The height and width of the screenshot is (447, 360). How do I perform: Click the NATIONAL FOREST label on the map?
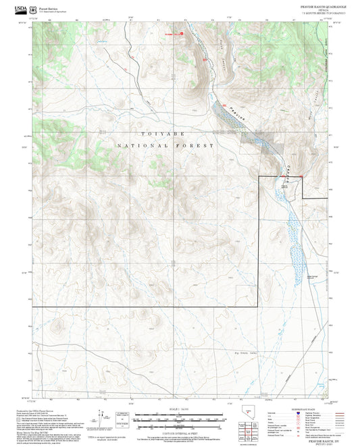(165, 146)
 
